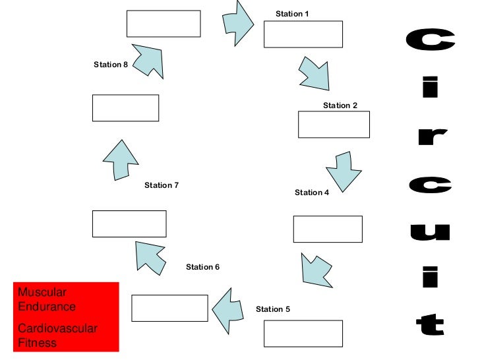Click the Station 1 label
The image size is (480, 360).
[x=292, y=14]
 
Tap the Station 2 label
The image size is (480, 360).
[x=340, y=105]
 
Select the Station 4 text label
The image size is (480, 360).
[x=312, y=193]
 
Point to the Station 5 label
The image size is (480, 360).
[x=273, y=309]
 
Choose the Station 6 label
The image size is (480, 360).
[x=202, y=267]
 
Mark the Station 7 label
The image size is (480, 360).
[x=162, y=186]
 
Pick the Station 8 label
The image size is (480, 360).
[x=111, y=65]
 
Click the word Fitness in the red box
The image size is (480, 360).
[x=37, y=343]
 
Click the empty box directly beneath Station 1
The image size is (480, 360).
[x=303, y=34]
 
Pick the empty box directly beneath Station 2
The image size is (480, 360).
[x=334, y=125]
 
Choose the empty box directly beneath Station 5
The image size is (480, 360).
[x=303, y=333]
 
